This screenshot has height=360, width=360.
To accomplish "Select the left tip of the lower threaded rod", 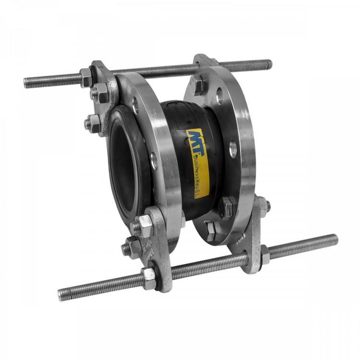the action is tap(59, 295).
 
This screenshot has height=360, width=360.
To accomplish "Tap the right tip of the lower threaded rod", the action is tap(336, 239).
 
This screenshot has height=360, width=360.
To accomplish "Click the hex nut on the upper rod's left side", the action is tap(85, 78).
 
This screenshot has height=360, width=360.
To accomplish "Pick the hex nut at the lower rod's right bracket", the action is tap(265, 255).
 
